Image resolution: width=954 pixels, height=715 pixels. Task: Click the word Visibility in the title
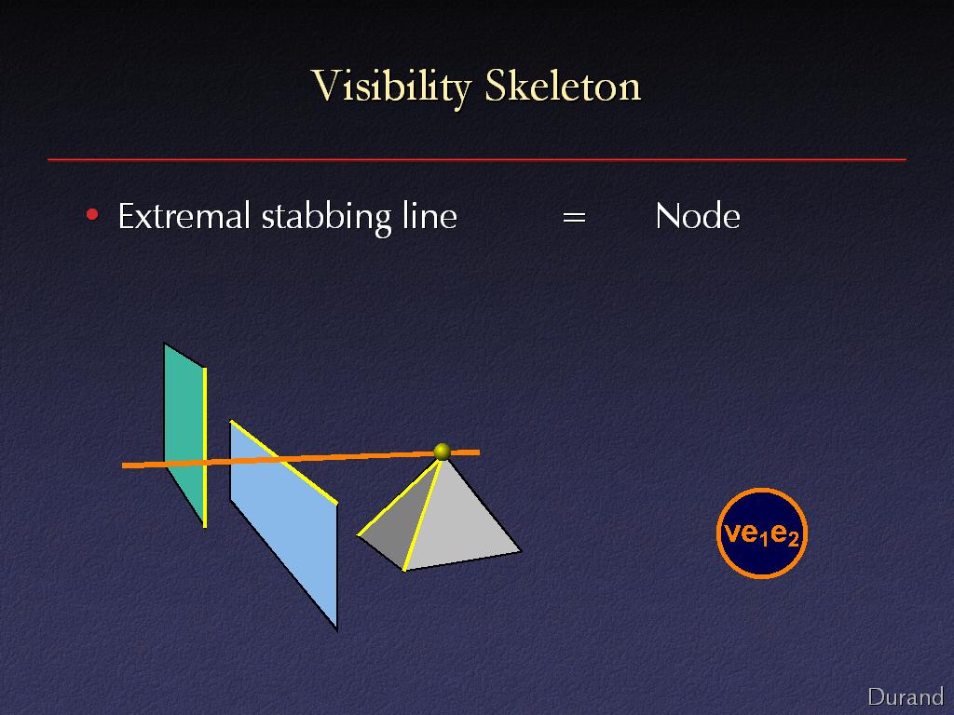tap(391, 87)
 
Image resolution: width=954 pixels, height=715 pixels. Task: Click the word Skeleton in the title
tap(563, 86)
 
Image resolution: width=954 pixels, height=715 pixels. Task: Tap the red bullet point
tap(92, 215)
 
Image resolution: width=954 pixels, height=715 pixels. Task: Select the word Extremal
tap(184, 216)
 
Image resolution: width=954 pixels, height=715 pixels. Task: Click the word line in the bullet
tap(429, 216)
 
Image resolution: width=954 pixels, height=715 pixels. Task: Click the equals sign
tap(574, 217)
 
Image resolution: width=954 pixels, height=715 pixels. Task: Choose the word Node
tap(698, 216)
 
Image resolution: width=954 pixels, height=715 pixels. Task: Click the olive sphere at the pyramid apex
tap(443, 452)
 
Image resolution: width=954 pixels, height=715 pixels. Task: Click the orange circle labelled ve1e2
tap(762, 533)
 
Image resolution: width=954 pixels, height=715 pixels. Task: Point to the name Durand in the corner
tap(906, 696)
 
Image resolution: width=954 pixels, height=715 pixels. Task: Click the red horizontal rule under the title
tap(477, 159)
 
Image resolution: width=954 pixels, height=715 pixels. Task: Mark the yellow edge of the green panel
tap(205, 448)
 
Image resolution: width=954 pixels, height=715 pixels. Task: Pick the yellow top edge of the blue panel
tap(284, 463)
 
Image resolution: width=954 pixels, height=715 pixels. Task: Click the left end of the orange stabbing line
tap(123, 465)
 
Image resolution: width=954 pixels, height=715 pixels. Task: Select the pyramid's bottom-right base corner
tap(522, 551)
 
